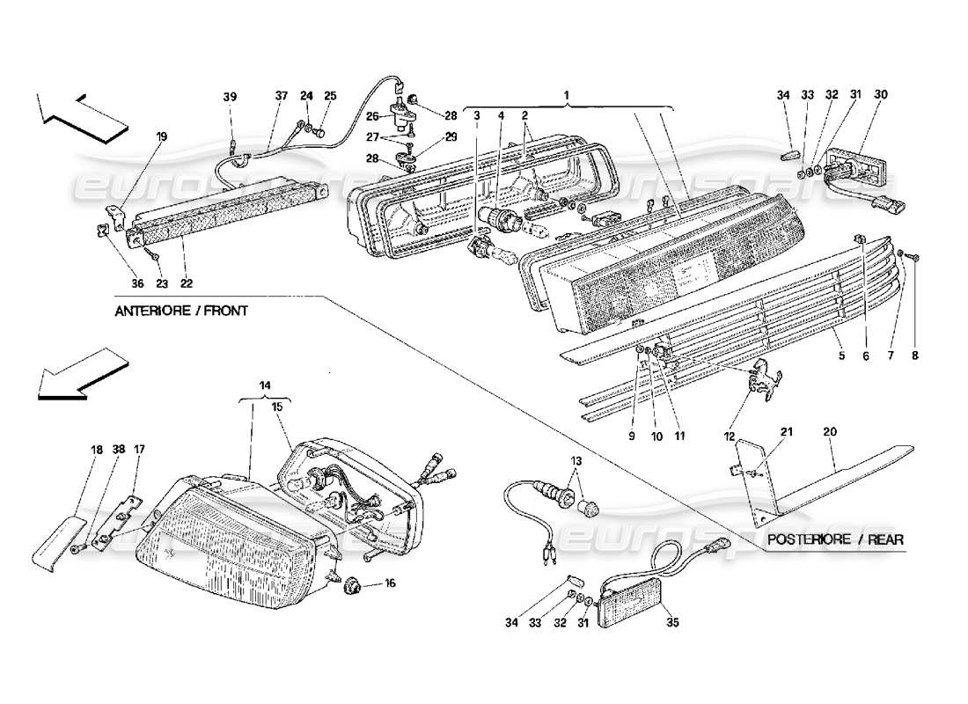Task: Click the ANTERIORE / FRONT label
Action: tap(180, 311)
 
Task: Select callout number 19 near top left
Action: tap(162, 136)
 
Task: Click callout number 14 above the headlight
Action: tap(265, 385)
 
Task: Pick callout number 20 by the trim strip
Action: tap(829, 432)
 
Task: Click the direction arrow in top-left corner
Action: tap(79, 114)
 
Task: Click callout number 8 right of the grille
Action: tap(915, 356)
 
